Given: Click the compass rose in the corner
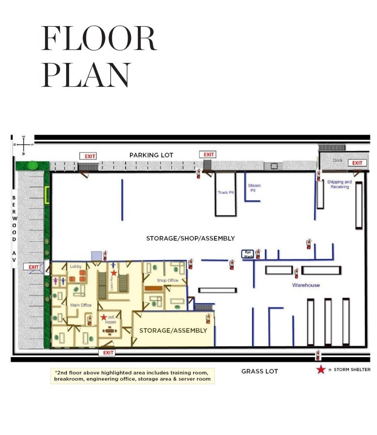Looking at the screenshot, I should [23, 144].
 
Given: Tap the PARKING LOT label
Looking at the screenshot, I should [151, 155].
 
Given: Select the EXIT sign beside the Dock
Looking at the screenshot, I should [357, 163].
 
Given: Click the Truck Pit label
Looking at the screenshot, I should [225, 192].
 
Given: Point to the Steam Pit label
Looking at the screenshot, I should [254, 188].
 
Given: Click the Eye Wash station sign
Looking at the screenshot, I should [247, 254].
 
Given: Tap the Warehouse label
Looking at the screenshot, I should [305, 285].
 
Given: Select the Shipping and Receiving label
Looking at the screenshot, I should [340, 184].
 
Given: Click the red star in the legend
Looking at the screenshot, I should [320, 370].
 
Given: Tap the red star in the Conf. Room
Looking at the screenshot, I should [104, 317].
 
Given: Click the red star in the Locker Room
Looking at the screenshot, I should [114, 273].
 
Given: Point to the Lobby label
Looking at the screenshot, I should [76, 266].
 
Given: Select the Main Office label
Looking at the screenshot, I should [81, 305].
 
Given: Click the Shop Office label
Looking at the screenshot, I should [168, 280].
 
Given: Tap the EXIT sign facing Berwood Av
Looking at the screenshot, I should [33, 267].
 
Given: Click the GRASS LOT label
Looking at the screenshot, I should [260, 371].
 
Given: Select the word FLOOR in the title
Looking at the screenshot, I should [99, 39].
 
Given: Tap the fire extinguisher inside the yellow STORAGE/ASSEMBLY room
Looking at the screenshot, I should [208, 318].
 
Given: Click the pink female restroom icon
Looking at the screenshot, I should [56, 280].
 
